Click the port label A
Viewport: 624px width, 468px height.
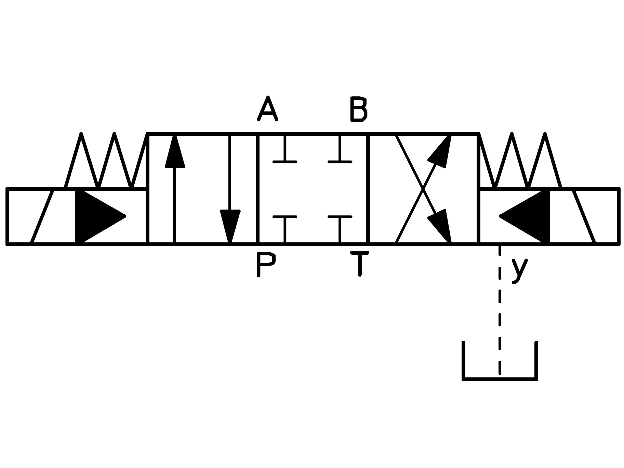[267, 109]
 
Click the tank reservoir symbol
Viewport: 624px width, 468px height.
[500, 360]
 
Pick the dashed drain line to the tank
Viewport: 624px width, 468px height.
[500, 309]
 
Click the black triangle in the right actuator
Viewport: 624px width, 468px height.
[524, 216]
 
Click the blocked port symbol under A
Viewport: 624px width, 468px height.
[284, 148]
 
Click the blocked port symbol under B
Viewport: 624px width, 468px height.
[340, 148]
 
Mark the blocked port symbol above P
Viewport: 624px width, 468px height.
[284, 229]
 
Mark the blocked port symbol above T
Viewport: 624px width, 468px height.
[340, 229]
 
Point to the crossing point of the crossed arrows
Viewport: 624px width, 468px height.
[423, 189]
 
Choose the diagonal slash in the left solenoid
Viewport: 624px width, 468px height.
[42, 216]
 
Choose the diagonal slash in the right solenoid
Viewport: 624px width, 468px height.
[584, 216]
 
